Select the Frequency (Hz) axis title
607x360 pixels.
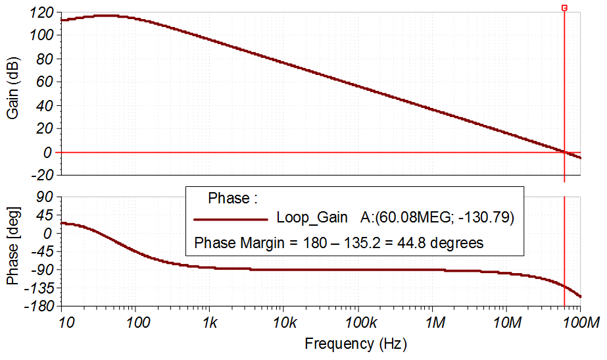[x=356, y=344]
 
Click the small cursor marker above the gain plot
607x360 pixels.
[x=564, y=8]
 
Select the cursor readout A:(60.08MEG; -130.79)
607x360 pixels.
[x=437, y=217]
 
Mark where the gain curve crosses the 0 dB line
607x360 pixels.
[x=564, y=152]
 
